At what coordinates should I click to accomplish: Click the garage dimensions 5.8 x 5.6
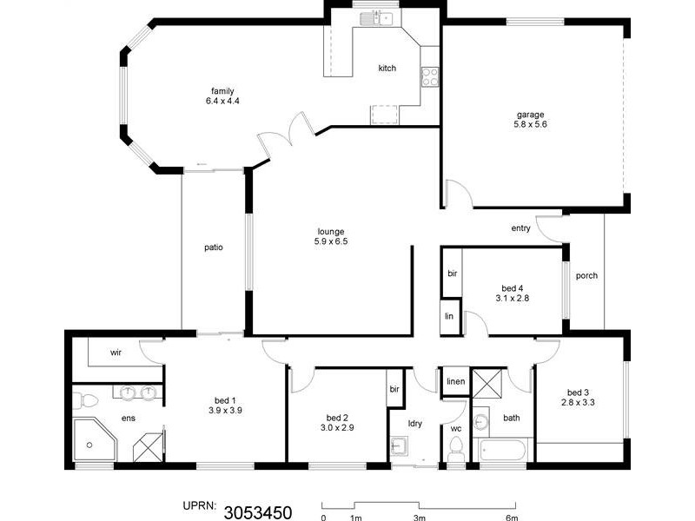click(x=531, y=124)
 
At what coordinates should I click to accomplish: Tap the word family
click(x=222, y=91)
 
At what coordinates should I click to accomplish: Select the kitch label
click(x=387, y=68)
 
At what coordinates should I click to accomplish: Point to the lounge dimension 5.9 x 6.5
click(x=331, y=241)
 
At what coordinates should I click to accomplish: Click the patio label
click(x=214, y=247)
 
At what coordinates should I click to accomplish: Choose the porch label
click(x=586, y=276)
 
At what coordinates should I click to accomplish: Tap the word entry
click(x=520, y=228)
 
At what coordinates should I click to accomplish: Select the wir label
click(x=115, y=353)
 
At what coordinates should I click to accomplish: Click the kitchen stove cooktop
click(x=429, y=76)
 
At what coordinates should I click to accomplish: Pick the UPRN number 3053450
click(x=257, y=511)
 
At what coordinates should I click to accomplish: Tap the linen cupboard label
click(x=455, y=382)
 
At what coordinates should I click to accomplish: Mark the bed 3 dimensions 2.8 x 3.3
click(x=578, y=402)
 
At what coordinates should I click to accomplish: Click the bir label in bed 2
click(x=394, y=388)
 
